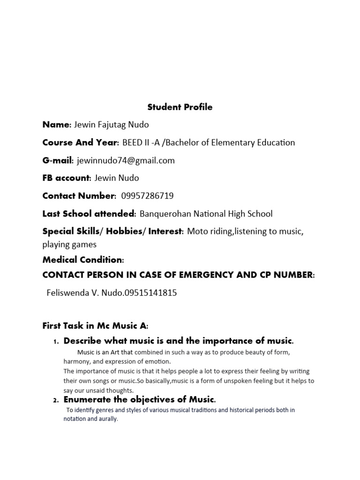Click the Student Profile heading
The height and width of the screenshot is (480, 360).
[x=180, y=107]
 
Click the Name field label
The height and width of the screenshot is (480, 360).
[x=56, y=125]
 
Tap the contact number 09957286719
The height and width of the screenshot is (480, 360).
[x=144, y=196]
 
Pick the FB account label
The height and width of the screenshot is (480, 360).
[x=66, y=178]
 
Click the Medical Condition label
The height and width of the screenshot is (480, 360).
[x=83, y=260]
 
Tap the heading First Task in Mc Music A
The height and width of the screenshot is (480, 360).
[x=95, y=326]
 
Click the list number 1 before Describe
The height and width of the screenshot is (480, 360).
[x=55, y=341]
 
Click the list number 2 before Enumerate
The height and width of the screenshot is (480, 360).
[x=55, y=400]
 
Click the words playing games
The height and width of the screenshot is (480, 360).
[x=69, y=244]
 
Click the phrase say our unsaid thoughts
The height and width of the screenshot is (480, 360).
[x=99, y=390]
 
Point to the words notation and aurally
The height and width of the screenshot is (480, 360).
[x=91, y=419]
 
